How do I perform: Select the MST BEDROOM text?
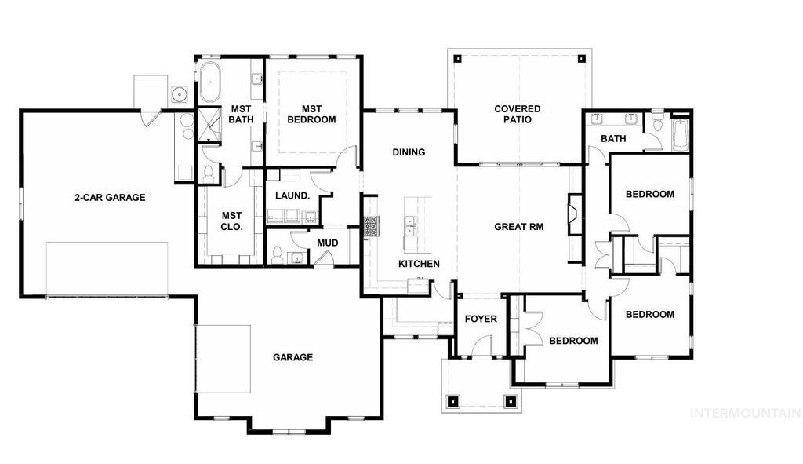(311, 114)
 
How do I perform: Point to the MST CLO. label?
(231, 221)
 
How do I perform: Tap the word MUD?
(327, 243)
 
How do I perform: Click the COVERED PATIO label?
(518, 115)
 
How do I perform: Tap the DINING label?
(409, 152)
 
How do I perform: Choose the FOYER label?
(481, 319)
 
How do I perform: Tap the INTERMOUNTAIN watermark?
(743, 412)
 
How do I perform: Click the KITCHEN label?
(419, 264)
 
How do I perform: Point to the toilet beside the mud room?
(277, 255)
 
